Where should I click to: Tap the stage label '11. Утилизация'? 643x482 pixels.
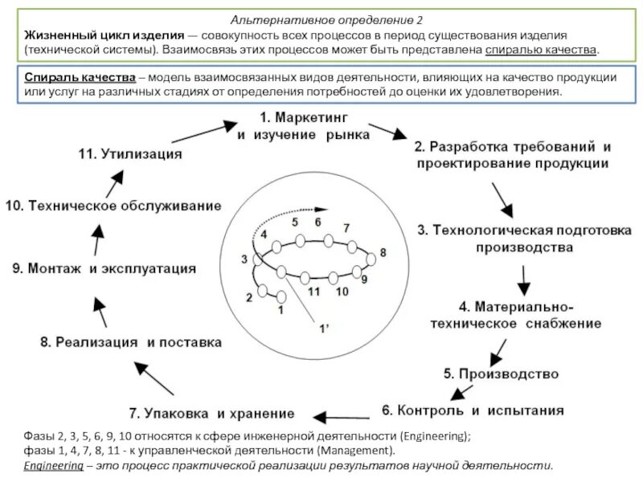[130, 153]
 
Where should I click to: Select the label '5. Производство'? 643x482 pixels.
[500, 374]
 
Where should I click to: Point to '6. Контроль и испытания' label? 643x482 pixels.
[472, 410]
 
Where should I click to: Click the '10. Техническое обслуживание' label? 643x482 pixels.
[113, 206]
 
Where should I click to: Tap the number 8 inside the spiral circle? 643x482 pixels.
[383, 252]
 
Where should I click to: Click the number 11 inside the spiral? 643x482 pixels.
[314, 291]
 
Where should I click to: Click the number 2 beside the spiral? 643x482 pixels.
[249, 298]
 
